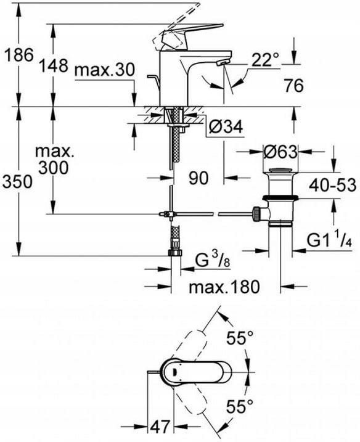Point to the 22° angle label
(266, 60)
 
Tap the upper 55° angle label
(240, 338)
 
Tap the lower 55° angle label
(240, 406)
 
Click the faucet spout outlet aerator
(222, 63)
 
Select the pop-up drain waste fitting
(282, 200)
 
